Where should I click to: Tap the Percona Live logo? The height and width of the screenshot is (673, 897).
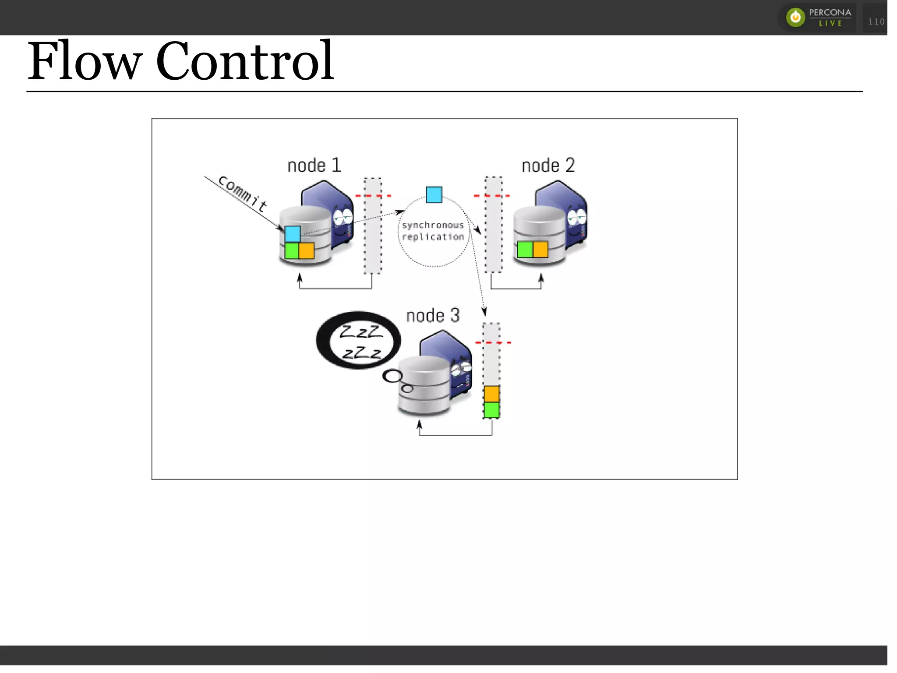tap(818, 18)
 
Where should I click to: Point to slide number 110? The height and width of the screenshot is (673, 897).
tap(876, 21)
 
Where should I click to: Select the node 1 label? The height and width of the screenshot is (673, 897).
tap(314, 166)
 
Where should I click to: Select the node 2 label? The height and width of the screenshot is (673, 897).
tap(548, 166)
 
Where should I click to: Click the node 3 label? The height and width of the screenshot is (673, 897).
tap(433, 315)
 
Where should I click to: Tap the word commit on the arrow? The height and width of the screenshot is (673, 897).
tap(242, 193)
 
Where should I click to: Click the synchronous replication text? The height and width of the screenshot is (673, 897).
tap(433, 231)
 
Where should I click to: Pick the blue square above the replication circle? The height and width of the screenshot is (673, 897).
tap(434, 194)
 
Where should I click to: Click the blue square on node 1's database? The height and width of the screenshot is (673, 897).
tap(293, 234)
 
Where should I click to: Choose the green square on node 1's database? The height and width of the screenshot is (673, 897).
tap(291, 251)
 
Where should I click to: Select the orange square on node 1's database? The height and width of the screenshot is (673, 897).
tap(307, 251)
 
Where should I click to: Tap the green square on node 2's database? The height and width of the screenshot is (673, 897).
tap(524, 250)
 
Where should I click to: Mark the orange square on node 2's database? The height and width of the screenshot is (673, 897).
tap(540, 250)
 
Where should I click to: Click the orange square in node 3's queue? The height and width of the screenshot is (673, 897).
tap(491, 394)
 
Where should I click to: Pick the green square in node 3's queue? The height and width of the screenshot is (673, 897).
tap(491, 410)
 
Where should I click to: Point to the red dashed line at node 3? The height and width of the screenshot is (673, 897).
tap(493, 342)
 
